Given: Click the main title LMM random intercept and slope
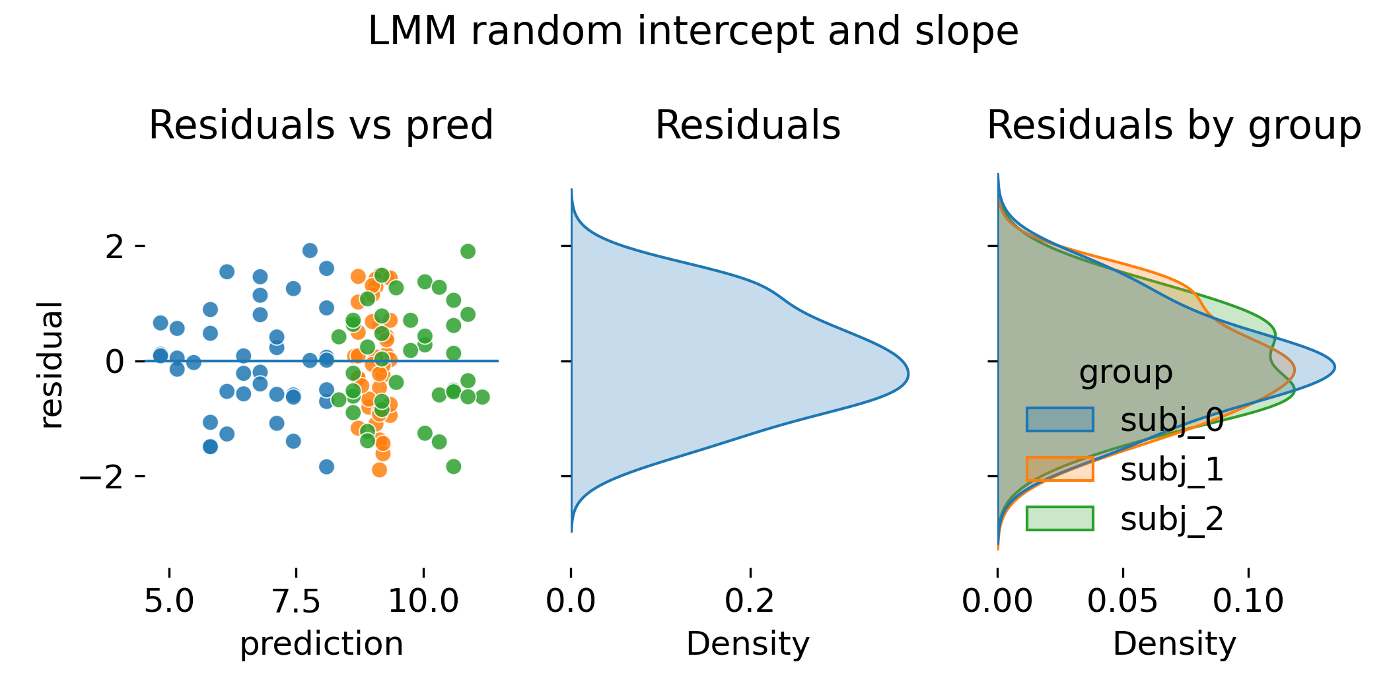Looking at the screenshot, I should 693,31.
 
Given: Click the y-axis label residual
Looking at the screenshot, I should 51,365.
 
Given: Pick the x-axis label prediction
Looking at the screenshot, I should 321,643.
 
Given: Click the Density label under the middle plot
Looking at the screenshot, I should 748,643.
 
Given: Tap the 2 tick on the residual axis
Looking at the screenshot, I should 114,247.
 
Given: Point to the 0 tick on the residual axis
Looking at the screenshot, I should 114,362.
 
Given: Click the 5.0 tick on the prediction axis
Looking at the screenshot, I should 169,601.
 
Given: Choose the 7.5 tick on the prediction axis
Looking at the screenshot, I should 296,601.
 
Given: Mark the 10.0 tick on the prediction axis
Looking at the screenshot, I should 423,601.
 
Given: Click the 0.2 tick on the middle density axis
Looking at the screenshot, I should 750,601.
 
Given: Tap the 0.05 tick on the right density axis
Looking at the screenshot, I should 1122,601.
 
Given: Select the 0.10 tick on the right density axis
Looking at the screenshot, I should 1248,601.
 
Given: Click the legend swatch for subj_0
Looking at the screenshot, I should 1059,420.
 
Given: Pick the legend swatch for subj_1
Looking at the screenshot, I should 1059,469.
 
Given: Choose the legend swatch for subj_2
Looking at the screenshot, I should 1059,519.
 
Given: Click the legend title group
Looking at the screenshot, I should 1125,372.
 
